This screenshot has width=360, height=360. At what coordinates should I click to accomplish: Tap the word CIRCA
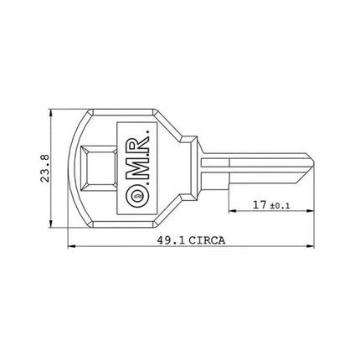pyautogui.click(x=206, y=239)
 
